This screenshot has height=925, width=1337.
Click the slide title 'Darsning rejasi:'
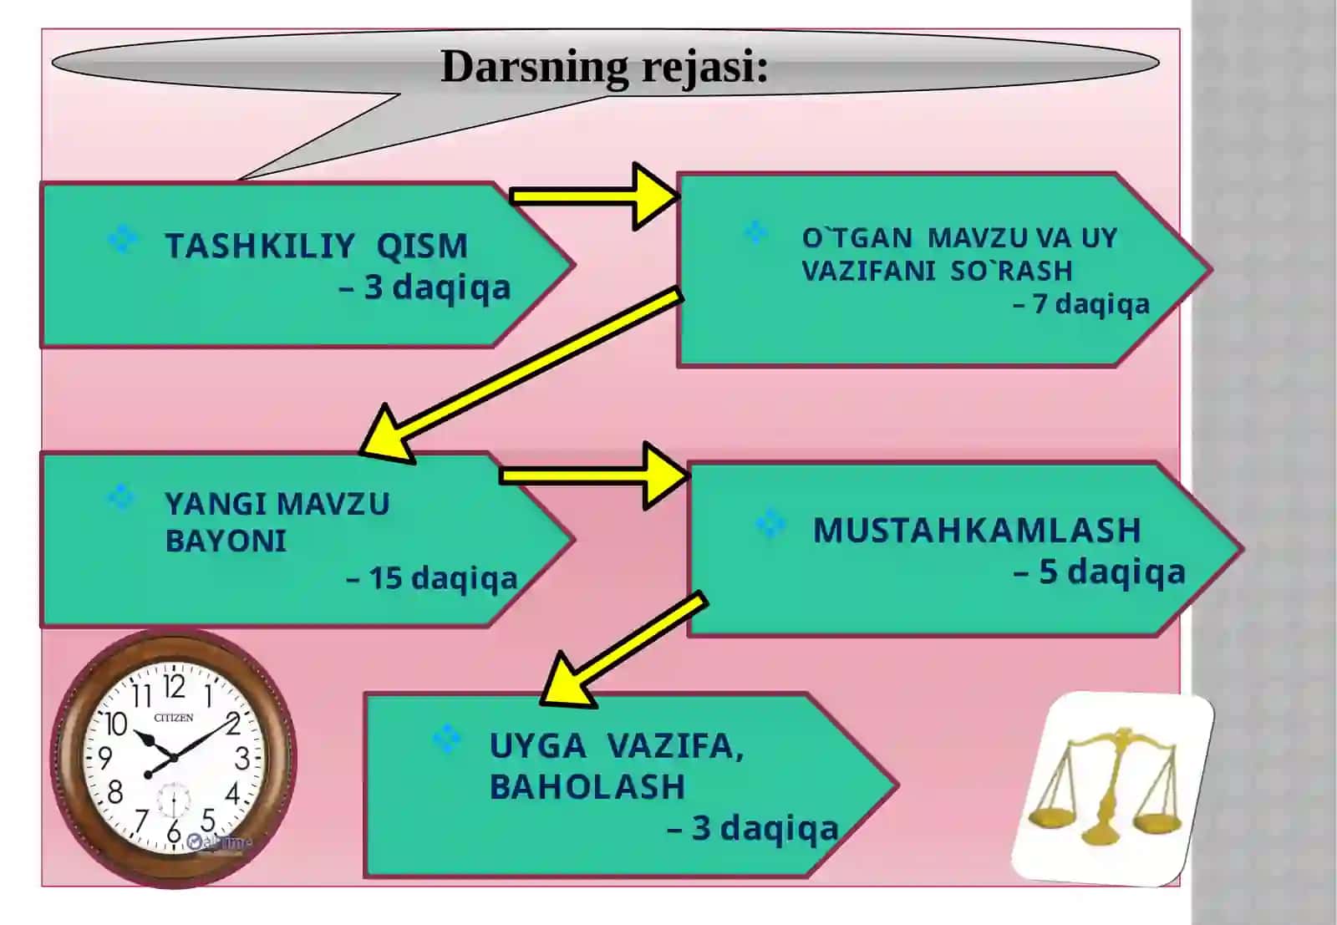[604, 67]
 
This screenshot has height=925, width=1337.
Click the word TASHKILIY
[260, 246]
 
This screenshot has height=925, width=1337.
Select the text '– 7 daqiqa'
[1081, 304]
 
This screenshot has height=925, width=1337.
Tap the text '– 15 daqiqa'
[431, 578]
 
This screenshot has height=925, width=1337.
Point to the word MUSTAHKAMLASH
[977, 530]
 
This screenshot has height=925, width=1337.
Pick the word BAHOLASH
[587, 786]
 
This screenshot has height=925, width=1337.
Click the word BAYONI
[226, 541]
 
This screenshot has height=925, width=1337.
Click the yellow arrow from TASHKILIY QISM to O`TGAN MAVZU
[594, 196]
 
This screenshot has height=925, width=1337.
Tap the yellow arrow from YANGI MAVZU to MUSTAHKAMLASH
[594, 475]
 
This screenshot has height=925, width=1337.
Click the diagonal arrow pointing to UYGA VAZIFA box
[623, 649]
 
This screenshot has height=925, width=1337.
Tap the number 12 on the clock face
[174, 687]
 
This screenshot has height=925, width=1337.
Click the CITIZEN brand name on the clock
[174, 718]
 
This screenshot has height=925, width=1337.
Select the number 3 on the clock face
[241, 759]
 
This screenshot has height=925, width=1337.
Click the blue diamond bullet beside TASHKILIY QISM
[123, 239]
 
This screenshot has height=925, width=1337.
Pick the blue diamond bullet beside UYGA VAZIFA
[447, 739]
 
